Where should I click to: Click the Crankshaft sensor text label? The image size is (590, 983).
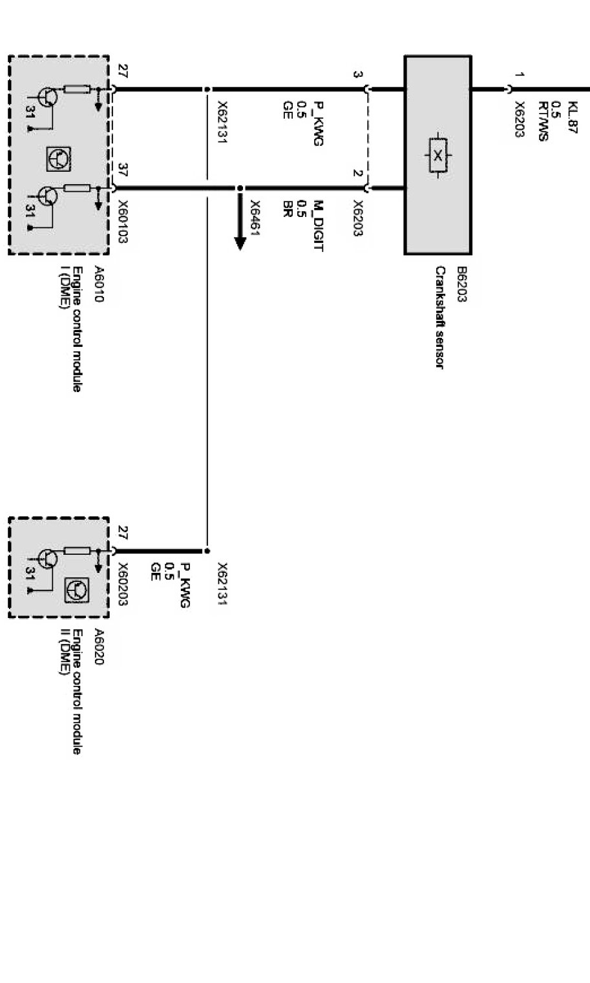click(439, 317)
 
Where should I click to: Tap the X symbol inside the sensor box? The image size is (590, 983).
click(437, 156)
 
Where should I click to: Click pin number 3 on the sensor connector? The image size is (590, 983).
click(357, 74)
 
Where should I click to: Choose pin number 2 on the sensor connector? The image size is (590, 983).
click(357, 172)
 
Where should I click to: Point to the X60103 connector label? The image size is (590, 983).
click(123, 222)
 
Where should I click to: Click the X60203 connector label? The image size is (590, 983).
click(123, 584)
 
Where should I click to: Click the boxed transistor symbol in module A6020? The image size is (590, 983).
click(77, 590)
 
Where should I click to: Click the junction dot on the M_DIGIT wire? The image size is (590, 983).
click(240, 189)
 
